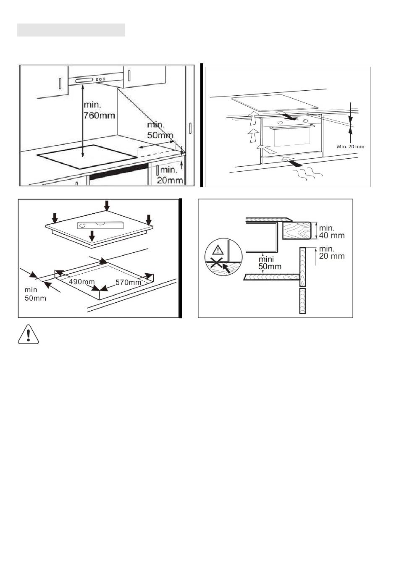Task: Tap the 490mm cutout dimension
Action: (x=81, y=282)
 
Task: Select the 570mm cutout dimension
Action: (x=128, y=282)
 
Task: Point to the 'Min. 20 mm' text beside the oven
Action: (x=351, y=147)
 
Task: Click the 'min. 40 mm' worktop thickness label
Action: (x=332, y=231)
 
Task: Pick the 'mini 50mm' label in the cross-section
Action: (x=270, y=263)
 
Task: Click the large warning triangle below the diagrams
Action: (x=28, y=335)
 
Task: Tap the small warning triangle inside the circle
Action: (x=218, y=250)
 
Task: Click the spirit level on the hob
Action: (x=100, y=225)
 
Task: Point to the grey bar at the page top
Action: (x=71, y=30)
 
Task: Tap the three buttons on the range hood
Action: (x=100, y=79)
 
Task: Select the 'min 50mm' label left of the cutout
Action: (x=35, y=294)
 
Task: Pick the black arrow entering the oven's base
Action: (x=292, y=162)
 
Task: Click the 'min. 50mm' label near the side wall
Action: (x=160, y=130)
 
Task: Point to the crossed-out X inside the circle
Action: (x=215, y=262)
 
